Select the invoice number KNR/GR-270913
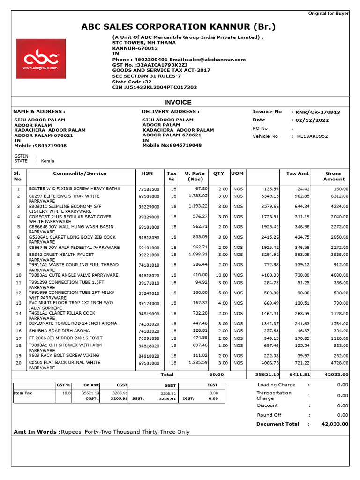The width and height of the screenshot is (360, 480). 318,112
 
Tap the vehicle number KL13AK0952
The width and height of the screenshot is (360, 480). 312,136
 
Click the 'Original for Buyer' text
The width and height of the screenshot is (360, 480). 328,13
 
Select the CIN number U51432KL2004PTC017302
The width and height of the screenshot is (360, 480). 161,87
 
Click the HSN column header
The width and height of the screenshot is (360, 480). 147,173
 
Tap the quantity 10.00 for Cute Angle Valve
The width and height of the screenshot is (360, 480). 218,275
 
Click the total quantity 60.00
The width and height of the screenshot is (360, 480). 216,375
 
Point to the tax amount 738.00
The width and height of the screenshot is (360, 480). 301,275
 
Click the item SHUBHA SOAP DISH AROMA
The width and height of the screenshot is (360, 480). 59,331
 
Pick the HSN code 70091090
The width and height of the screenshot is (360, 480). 149,338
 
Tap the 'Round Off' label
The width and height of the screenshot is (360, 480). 269,415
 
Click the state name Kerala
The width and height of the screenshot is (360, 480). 47,161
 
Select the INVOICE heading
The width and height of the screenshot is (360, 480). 178,102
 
